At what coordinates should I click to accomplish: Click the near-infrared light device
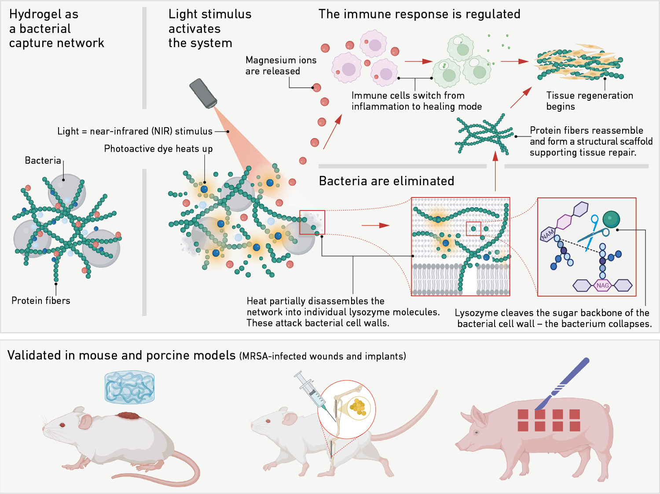[x=203, y=93]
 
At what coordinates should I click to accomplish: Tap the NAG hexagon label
[x=602, y=285]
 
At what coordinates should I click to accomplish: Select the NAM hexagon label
[x=548, y=234]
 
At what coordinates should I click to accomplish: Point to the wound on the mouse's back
[x=128, y=415]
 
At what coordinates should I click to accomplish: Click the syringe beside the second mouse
[x=311, y=392]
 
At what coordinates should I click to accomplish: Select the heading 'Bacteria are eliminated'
[x=386, y=181]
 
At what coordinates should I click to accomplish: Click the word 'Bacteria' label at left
[x=43, y=161]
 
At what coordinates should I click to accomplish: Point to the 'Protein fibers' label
[x=41, y=300]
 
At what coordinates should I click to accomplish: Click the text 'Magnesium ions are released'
[x=280, y=66]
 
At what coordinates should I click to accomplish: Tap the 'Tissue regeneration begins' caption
[x=589, y=101]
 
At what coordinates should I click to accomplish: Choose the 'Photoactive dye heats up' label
[x=158, y=149]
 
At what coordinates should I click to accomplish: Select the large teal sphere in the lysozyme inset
[x=611, y=219]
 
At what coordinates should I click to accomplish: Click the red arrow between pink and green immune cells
[x=418, y=62]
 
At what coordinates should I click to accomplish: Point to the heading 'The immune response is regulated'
[x=419, y=14]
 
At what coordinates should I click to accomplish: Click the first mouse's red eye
[x=62, y=425]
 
